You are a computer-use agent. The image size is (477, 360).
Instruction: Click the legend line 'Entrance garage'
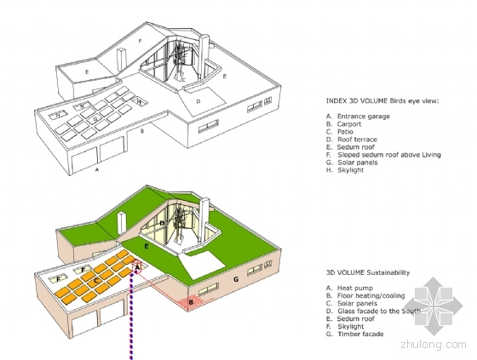[x=358, y=116]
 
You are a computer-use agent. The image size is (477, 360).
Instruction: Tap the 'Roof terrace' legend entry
[x=351, y=140]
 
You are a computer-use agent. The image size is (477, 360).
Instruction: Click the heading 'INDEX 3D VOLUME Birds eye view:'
[x=382, y=100]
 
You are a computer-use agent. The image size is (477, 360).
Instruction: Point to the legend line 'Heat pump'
[x=349, y=288]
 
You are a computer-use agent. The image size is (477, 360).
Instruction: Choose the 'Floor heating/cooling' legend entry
[x=365, y=295]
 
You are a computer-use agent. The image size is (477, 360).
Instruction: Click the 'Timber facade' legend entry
[x=354, y=334]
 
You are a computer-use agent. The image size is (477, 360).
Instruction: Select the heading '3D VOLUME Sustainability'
[x=368, y=272]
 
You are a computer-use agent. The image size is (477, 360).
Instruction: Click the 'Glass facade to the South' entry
[x=373, y=311]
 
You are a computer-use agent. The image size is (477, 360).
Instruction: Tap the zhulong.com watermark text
[x=434, y=345]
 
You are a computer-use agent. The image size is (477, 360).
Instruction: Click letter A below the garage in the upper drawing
[x=97, y=170]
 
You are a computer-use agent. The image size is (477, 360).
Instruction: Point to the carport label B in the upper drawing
[x=141, y=131]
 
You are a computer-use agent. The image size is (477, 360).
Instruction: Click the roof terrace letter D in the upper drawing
[x=198, y=101]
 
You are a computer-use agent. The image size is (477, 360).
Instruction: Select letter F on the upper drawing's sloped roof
[x=141, y=41]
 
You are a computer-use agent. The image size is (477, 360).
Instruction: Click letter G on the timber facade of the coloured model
[x=236, y=279]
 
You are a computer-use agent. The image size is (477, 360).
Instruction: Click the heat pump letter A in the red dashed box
[x=137, y=267]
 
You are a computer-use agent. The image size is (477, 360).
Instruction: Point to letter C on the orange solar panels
[x=96, y=281]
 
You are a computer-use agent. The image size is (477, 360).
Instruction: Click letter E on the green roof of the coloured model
[x=147, y=246]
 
